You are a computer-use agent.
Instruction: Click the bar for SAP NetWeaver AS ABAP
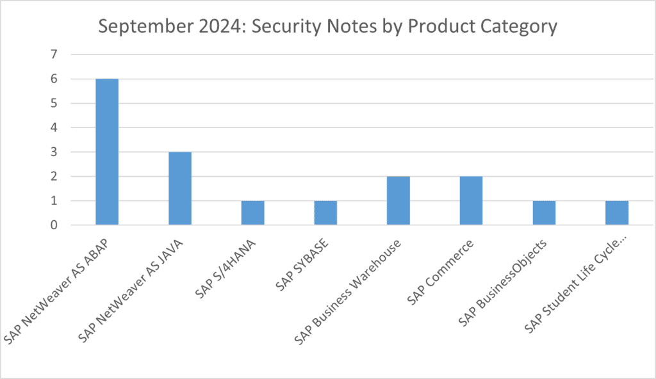[107, 152]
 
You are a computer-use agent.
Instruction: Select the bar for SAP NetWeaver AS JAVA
[180, 188]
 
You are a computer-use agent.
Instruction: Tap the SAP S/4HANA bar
[252, 213]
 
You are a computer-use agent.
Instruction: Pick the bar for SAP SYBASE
[325, 213]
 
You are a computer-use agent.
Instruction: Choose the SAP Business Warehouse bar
[398, 200]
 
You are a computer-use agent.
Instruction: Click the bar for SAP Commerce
[471, 200]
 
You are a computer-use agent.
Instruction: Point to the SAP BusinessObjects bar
[544, 213]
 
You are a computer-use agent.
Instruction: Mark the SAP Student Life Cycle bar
[617, 213]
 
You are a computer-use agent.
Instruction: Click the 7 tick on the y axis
[54, 55]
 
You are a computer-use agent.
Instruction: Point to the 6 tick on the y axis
[54, 79]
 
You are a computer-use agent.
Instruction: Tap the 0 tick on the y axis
[54, 225]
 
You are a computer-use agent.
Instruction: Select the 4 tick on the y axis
[54, 128]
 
